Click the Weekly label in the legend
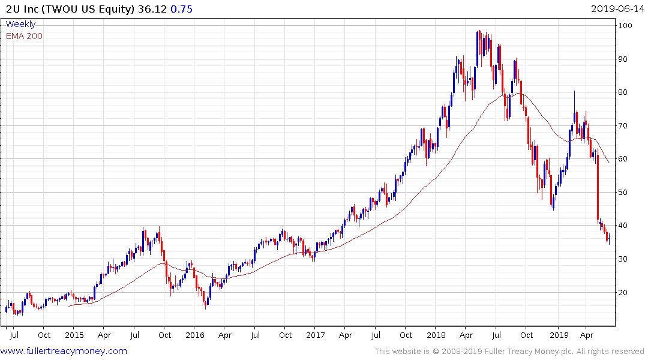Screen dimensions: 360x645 pyautogui.click(x=20, y=25)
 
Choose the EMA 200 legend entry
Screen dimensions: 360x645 pyautogui.click(x=25, y=36)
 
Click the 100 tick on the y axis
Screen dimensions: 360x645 pyautogui.click(x=626, y=26)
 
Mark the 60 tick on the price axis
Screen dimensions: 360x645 pyautogui.click(x=624, y=159)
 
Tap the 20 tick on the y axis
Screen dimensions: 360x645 pyautogui.click(x=624, y=292)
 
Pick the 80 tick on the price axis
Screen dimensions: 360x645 pyautogui.click(x=624, y=92)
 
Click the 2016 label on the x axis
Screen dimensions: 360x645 pyautogui.click(x=194, y=334)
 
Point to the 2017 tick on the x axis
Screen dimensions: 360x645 pyautogui.click(x=316, y=334)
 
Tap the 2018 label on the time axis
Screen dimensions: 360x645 pyautogui.click(x=437, y=334)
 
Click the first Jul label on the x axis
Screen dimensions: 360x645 pyautogui.click(x=13, y=334)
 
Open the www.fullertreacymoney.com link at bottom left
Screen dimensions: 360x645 pyautogui.click(x=65, y=351)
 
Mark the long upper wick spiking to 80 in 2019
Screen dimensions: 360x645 pyautogui.click(x=574, y=100)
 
